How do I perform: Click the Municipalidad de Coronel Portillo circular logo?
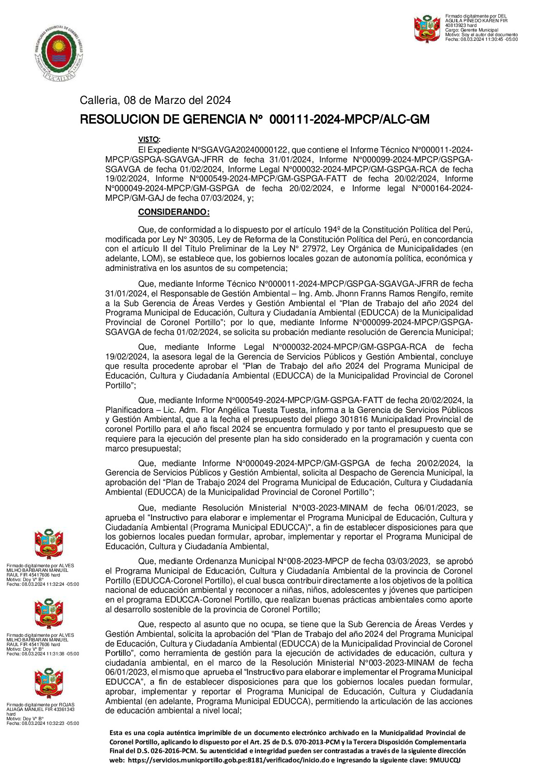pyautogui.click(x=59, y=53)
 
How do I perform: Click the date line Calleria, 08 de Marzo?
pyautogui.click(x=155, y=100)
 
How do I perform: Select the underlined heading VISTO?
pyautogui.click(x=148, y=140)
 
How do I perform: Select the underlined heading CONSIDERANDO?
pyautogui.click(x=173, y=212)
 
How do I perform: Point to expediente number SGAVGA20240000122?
pyautogui.click(x=239, y=150)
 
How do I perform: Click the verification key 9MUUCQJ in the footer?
pyautogui.click(x=445, y=760)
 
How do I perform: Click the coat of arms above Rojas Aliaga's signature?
pyautogui.click(x=49, y=683)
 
